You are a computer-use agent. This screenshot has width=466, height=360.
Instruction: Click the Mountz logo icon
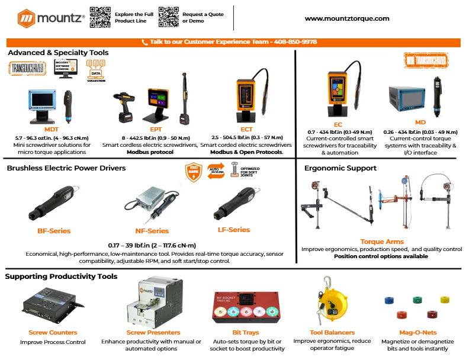click(26, 18)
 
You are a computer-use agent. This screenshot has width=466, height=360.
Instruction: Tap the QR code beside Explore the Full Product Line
click(100, 17)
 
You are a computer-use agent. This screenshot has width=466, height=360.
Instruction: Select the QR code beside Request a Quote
click(169, 17)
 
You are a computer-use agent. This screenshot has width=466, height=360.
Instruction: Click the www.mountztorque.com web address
click(347, 18)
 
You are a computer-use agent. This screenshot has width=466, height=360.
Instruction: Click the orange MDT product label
click(52, 128)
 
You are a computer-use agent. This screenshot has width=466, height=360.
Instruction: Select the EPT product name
click(156, 128)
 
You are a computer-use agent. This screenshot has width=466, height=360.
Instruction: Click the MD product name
click(420, 123)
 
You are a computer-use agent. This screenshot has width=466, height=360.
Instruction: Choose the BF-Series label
click(54, 231)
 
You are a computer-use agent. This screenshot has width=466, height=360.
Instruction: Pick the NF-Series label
click(152, 231)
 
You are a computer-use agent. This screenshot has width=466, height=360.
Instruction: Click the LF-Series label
click(234, 230)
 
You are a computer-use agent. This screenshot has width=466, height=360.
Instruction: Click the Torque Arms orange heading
click(382, 242)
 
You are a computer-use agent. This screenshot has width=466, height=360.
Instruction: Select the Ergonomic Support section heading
click(340, 168)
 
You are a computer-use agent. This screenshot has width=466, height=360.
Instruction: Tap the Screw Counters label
click(53, 333)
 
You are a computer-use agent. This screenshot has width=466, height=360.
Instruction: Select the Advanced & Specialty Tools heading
click(58, 53)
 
